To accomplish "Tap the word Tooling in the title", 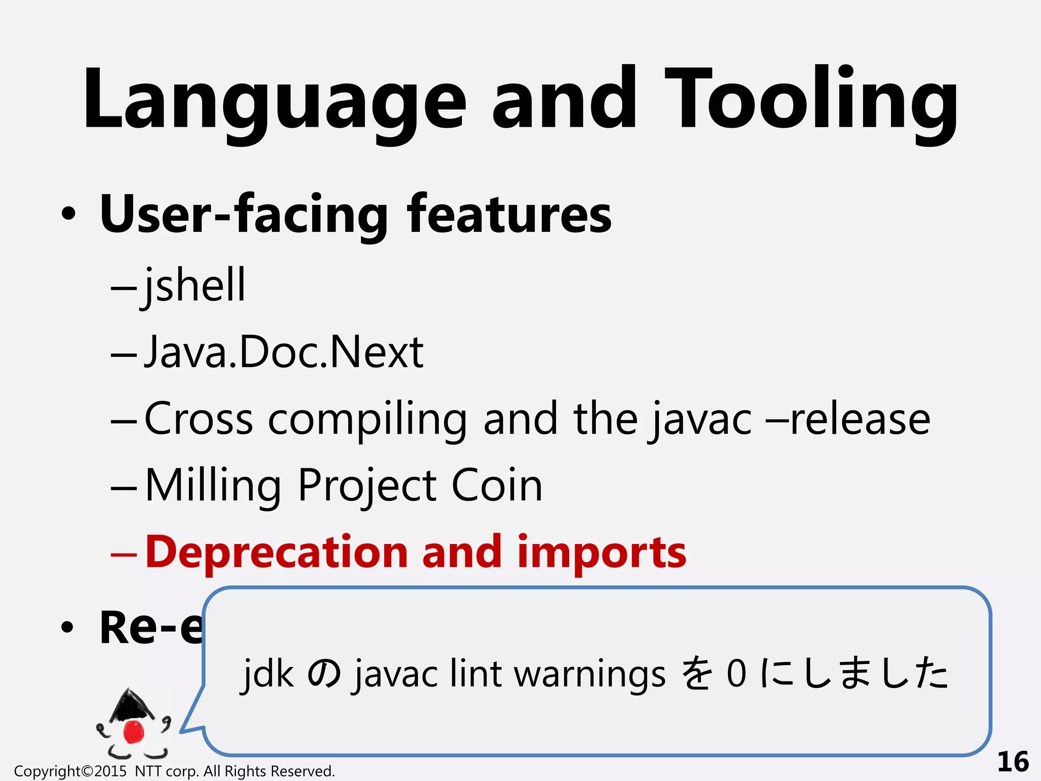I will point(810,102).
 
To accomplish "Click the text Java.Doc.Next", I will point(284,352).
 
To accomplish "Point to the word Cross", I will point(199,419).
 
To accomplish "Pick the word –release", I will point(849,419).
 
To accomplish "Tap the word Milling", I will point(212,486).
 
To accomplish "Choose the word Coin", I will point(497,485).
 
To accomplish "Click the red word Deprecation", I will point(277,552).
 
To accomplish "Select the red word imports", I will point(601,553).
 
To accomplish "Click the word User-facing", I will point(244,215).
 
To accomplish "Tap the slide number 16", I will point(1013,762).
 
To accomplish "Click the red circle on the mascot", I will point(134,731).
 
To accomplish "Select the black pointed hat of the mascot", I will point(130,704).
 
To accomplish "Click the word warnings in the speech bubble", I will point(589,673).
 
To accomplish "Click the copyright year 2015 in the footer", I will point(110,771).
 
